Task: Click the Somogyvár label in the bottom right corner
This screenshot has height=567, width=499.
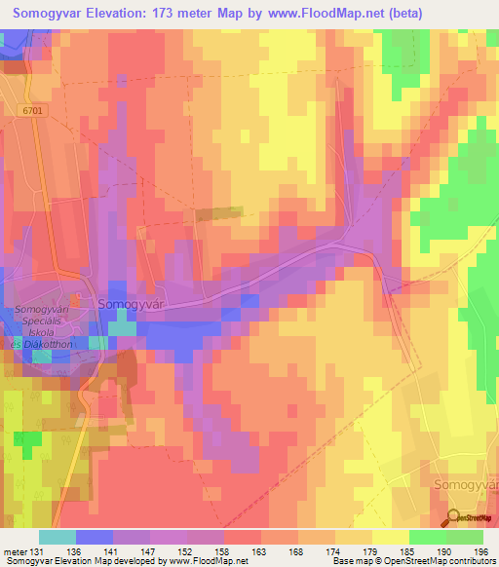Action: [x=464, y=483]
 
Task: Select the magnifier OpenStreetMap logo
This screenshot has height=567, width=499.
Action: [x=454, y=516]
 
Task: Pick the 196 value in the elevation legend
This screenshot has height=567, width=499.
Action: [x=482, y=553]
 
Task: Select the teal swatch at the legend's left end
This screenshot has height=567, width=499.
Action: [x=57, y=537]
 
